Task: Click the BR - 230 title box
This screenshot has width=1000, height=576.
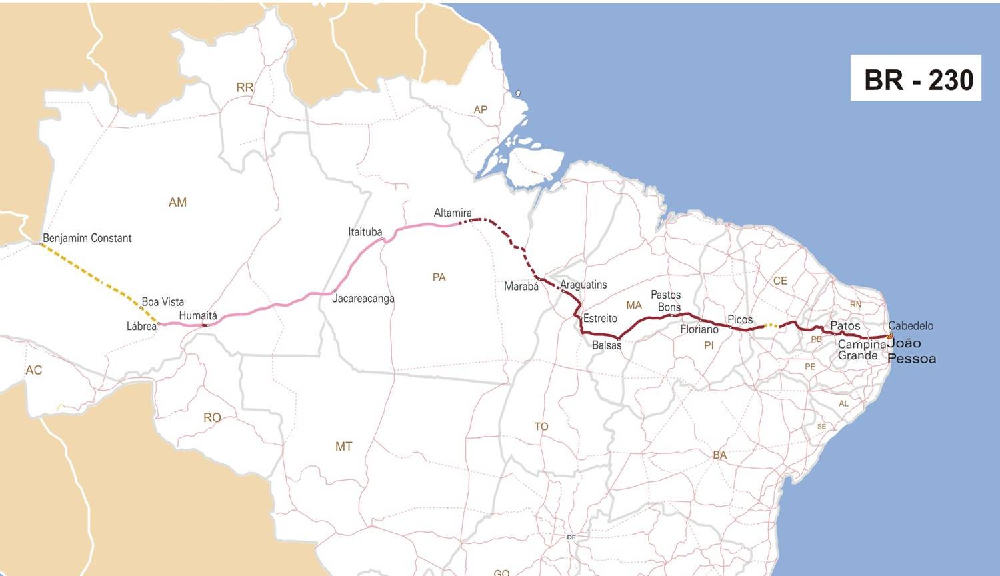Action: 915,79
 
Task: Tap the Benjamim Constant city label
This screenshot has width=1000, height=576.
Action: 87,238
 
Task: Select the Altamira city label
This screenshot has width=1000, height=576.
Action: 453,213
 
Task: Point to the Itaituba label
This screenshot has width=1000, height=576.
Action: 365,232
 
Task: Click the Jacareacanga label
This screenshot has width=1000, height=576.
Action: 363,299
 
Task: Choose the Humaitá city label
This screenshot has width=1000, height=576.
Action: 198,315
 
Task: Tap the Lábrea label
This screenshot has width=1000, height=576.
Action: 141,326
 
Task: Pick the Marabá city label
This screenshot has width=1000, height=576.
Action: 521,286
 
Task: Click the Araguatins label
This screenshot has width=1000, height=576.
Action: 583,285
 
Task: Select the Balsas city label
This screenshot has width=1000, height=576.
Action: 607,345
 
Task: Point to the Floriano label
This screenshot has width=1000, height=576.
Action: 699,329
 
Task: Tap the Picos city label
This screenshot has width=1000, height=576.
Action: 740,320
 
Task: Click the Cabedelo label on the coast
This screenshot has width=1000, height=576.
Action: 911,326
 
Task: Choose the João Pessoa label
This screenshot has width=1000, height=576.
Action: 911,351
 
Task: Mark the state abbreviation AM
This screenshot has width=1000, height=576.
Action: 177,202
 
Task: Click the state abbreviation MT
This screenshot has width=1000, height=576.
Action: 343,447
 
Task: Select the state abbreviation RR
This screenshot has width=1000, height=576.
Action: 245,87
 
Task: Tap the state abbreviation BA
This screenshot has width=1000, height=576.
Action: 719,455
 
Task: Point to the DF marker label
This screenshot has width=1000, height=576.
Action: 571,537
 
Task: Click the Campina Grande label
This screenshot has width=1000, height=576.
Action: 861,350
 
